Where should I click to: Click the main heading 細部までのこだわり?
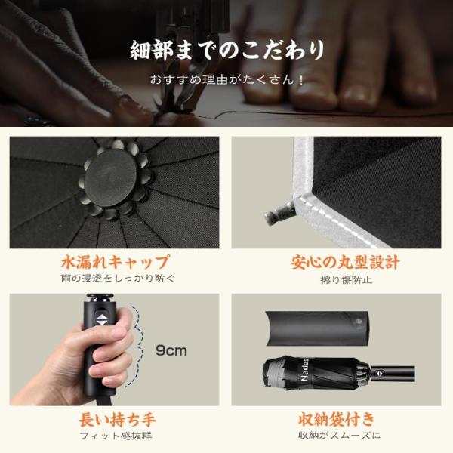click(227, 51)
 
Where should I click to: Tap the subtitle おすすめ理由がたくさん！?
click(226, 79)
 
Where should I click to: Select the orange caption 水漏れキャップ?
click(115, 262)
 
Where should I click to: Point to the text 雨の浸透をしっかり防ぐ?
click(118, 278)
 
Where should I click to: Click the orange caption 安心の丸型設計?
click(346, 262)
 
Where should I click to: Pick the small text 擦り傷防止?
click(346, 279)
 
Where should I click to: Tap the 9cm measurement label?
click(171, 350)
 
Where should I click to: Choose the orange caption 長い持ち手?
click(118, 420)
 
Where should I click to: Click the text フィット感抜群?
click(116, 436)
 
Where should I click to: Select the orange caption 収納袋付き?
click(337, 420)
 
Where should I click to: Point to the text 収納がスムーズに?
click(340, 435)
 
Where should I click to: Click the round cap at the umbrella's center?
click(110, 178)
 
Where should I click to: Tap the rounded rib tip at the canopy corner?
click(279, 213)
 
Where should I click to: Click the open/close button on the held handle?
click(101, 320)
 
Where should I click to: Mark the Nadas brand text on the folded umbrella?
click(304, 371)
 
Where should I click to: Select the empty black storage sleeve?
click(318, 328)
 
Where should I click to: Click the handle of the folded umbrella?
click(393, 373)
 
